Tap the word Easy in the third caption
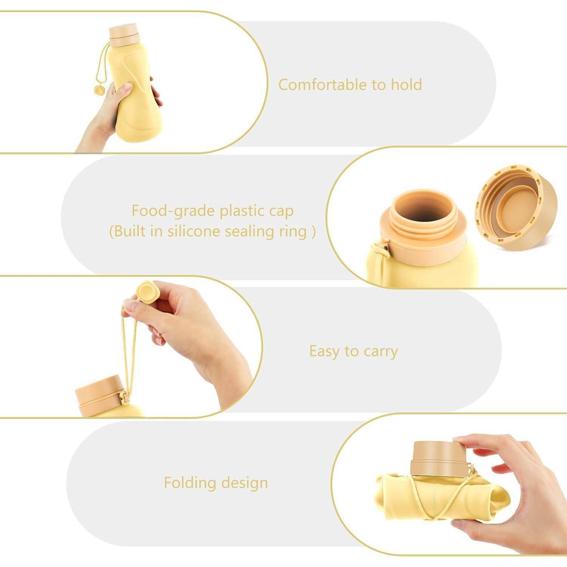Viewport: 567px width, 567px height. click(x=324, y=351)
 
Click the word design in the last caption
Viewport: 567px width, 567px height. click(x=245, y=483)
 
